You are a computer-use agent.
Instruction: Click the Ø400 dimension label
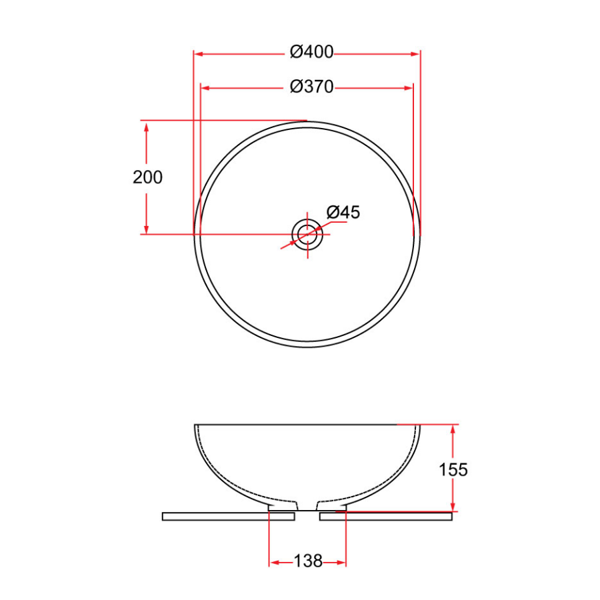pos(311,53)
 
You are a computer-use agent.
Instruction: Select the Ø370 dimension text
pos(311,87)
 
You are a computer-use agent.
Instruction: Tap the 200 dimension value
pos(147,177)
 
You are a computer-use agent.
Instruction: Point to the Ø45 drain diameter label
pos(343,213)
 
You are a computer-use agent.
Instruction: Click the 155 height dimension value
pos(453,469)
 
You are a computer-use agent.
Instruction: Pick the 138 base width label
pos(307,562)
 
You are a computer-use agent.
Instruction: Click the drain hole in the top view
pos(307,234)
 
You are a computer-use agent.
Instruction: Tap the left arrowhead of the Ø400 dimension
pos(199,53)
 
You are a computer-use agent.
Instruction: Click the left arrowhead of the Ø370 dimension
pos(205,87)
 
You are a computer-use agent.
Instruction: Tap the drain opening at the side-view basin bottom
pos(307,505)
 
